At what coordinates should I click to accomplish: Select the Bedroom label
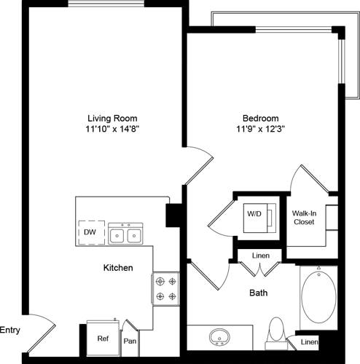pyautogui.click(x=261, y=118)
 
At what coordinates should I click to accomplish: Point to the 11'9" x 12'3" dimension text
pyautogui.click(x=261, y=129)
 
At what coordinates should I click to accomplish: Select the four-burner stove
pyautogui.click(x=165, y=288)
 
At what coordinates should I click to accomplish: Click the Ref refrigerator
pyautogui.click(x=103, y=338)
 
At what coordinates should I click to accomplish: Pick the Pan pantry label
pyautogui.click(x=130, y=340)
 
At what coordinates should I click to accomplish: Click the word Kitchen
pyautogui.click(x=117, y=268)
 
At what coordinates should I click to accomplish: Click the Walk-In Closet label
pyautogui.click(x=305, y=218)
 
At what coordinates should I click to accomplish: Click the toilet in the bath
pyautogui.click(x=277, y=332)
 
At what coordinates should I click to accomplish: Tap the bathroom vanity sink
pyautogui.click(x=219, y=338)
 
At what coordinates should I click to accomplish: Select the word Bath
pyautogui.click(x=259, y=293)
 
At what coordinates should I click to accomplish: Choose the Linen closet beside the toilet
pyautogui.click(x=309, y=341)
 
